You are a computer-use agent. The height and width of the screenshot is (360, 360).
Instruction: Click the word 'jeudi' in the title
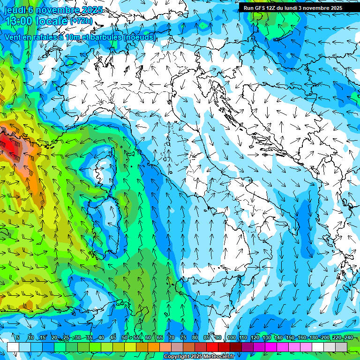pos(14,9)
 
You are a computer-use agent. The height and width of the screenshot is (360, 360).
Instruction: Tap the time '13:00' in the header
pos(21,21)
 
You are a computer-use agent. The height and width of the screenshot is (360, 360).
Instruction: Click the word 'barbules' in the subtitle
pos(101,37)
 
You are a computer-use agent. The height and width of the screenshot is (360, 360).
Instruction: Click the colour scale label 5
pos(18,338)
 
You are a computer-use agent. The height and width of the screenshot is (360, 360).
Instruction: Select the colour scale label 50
pos(124,338)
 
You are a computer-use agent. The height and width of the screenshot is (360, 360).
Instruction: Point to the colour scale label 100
pos(231,338)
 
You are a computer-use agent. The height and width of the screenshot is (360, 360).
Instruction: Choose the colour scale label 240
pos(348,338)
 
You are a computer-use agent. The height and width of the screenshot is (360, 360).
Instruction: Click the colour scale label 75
pos(183,338)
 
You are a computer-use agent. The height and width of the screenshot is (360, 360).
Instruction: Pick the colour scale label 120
pos(255,338)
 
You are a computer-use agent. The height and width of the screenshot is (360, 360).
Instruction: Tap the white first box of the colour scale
pos(13,347)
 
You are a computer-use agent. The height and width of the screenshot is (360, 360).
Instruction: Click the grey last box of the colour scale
pos(341,347)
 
